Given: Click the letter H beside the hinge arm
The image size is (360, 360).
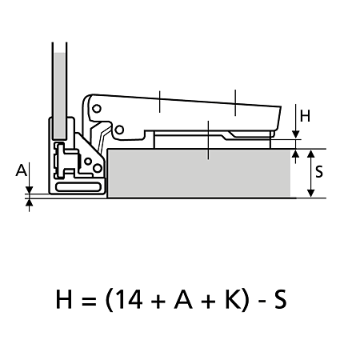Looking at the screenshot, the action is tap(305, 116).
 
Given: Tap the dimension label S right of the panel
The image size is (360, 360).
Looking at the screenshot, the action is tap(319, 171).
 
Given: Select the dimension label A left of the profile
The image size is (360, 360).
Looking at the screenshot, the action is tap(22, 170).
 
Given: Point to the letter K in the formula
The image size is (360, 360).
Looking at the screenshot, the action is tap(234, 299).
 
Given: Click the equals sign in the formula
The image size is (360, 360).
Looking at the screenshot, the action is tap(88, 300).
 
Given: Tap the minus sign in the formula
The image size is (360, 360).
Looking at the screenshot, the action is tap(262, 301).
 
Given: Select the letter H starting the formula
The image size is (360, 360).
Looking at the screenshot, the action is tap(64, 299).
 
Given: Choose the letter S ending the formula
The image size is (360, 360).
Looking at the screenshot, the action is tap(280, 299).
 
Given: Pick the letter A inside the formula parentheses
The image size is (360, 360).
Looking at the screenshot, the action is tap(183, 299).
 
